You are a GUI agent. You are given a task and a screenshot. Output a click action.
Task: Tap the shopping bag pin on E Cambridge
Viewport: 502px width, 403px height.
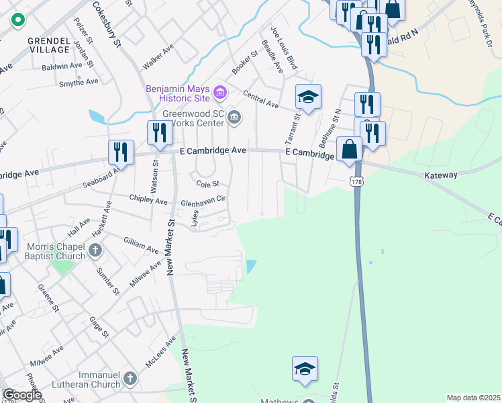coord(350,149)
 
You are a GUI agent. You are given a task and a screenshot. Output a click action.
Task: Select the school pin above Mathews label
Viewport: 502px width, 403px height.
coord(305,369)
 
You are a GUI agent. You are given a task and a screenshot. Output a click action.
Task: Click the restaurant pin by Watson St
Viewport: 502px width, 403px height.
coord(159,132)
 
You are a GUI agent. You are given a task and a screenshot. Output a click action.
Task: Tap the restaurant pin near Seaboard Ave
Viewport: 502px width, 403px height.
coord(121,152)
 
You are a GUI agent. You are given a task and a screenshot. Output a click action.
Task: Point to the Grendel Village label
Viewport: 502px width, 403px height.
coord(49,45)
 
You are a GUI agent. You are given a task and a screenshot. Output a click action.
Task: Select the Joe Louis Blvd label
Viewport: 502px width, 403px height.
coord(283,48)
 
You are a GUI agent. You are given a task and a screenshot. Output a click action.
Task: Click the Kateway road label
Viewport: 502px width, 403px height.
coord(441,175)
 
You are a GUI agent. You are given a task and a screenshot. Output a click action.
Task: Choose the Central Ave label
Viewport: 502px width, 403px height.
coord(260,100)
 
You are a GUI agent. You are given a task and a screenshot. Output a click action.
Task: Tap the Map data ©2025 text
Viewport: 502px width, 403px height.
coord(472,398)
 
